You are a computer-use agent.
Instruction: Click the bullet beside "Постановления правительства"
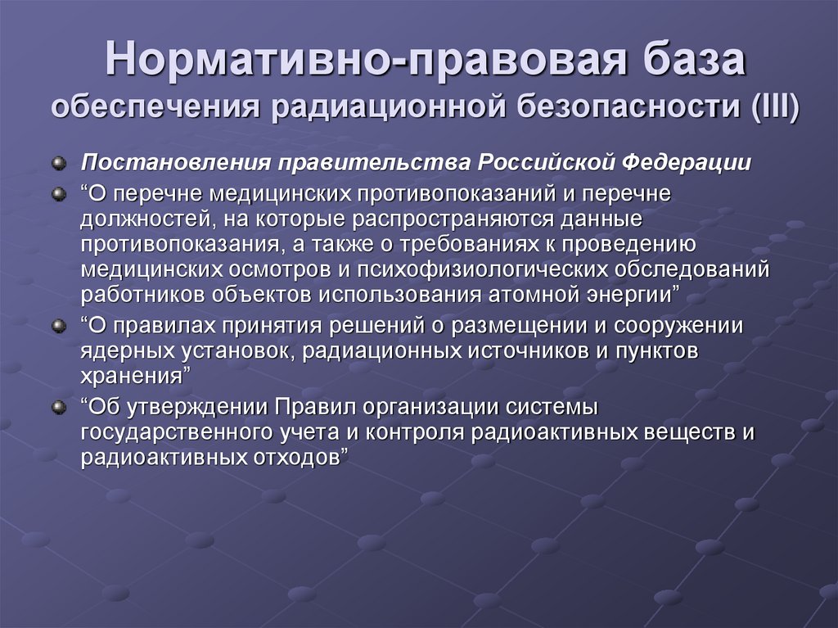click(x=58, y=162)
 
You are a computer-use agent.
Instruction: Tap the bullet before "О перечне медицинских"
click(x=58, y=193)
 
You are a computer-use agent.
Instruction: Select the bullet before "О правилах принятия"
click(x=58, y=327)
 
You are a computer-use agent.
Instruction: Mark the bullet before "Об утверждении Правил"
click(x=58, y=407)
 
